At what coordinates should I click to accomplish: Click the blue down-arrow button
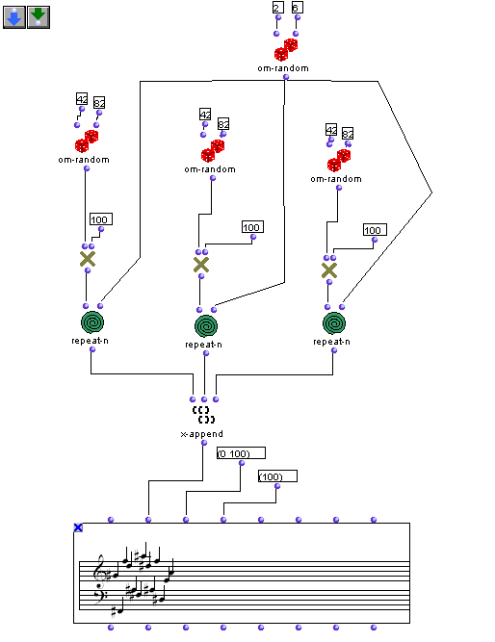[14, 17]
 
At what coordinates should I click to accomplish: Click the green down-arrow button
[39, 17]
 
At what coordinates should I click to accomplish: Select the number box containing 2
[277, 8]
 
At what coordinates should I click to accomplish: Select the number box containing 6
[297, 8]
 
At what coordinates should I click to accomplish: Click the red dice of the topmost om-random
[286, 49]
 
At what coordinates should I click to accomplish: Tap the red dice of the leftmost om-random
[87, 141]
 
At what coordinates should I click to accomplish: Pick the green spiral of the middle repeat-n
[206, 326]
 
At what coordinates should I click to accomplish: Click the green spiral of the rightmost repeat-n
[334, 323]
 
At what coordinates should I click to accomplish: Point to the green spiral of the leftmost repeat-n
[92, 322]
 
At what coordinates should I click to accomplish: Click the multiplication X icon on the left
[88, 259]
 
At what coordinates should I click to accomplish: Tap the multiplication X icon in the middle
[201, 265]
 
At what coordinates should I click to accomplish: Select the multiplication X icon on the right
[329, 270]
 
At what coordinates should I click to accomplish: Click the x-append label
[202, 434]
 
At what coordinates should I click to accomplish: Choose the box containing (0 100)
[241, 453]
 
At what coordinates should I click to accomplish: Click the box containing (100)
[277, 476]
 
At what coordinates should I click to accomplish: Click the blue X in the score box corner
[78, 527]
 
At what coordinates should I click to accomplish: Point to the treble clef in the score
[99, 569]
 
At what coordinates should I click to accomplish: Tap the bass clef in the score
[99, 594]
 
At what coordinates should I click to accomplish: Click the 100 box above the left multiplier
[101, 219]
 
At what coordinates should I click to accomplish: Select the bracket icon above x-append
[203, 415]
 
